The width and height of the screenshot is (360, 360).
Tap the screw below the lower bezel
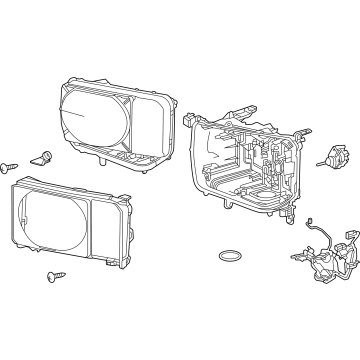pos(50,274)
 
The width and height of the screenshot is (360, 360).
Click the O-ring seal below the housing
pos(228,255)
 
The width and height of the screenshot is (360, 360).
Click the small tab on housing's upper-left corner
pos(188,119)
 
